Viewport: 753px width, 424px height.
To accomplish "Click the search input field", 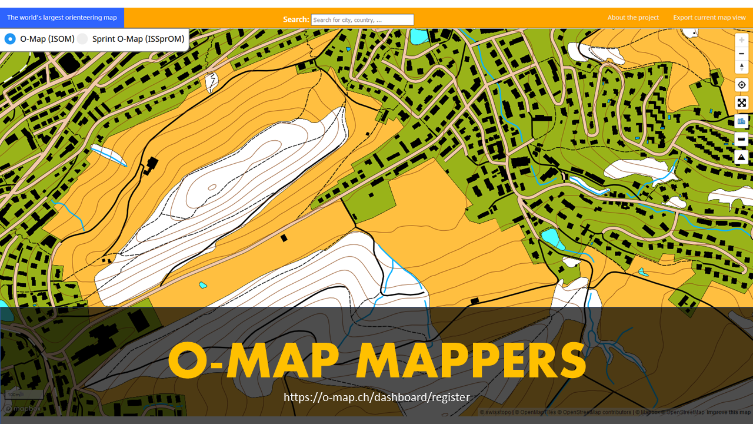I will pos(362,20).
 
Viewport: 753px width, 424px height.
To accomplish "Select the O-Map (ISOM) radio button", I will pos(10,39).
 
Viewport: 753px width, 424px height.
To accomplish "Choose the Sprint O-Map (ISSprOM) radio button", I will pos(82,39).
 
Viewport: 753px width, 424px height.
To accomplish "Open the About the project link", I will pos(633,18).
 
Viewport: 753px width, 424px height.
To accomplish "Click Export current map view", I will pos(709,18).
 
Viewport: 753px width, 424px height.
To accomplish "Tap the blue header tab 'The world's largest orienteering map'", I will pos(62,18).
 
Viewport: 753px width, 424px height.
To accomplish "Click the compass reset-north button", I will pos(742,67).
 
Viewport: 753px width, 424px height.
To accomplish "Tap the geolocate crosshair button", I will pos(742,85).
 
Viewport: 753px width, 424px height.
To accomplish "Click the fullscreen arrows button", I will pos(742,103).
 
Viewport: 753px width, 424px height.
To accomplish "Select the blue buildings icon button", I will pos(742,121).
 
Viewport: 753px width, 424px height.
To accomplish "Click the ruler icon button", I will pos(742,140).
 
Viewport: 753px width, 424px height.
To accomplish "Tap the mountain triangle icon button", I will pos(742,157).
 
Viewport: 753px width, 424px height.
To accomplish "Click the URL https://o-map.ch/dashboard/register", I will pos(376,397).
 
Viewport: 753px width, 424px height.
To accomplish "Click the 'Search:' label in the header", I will pos(296,19).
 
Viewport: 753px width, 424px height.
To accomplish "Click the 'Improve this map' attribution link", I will pos(728,412).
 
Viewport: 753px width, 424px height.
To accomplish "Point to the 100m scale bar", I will pos(24,395).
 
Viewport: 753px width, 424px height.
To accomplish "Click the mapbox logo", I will pos(24,408).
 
